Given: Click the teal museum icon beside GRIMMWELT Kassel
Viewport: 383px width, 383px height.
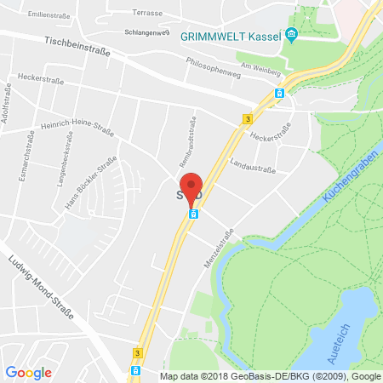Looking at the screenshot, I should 292,35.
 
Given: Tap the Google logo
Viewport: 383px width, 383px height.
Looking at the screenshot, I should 28,372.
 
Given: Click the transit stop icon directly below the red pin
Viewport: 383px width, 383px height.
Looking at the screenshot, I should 194,214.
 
